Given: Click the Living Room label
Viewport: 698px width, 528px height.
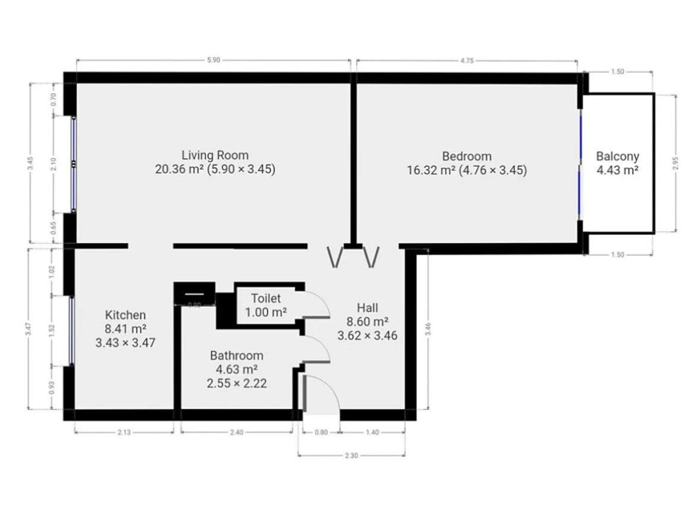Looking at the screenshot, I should [215, 155].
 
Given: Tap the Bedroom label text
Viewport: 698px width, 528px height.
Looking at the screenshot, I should [467, 156].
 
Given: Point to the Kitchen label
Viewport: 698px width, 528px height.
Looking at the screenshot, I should [125, 314].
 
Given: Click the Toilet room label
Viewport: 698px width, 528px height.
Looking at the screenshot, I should [266, 298].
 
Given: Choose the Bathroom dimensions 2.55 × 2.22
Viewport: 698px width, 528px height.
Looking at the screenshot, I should [236, 383].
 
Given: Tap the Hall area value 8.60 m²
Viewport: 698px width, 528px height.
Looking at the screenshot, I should [367, 322].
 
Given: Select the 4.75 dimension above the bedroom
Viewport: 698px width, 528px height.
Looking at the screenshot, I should [467, 61].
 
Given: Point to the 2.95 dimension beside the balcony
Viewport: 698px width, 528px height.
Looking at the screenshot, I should [675, 163].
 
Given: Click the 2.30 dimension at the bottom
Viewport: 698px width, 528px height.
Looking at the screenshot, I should [352, 456].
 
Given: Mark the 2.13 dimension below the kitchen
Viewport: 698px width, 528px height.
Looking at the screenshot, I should [124, 432].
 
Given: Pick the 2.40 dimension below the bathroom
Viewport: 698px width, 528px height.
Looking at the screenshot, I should [236, 432].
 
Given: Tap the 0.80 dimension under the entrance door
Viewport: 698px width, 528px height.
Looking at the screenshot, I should [321, 432].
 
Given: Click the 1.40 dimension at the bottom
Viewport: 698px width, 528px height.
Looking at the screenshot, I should [372, 432].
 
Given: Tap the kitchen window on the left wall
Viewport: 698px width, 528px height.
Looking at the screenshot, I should [71, 330].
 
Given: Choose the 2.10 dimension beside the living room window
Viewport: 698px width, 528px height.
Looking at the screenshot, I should [53, 164].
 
